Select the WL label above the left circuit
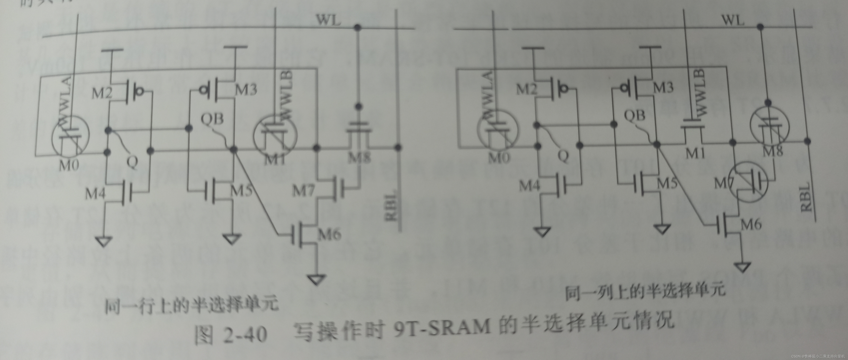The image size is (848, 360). (x=328, y=20)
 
